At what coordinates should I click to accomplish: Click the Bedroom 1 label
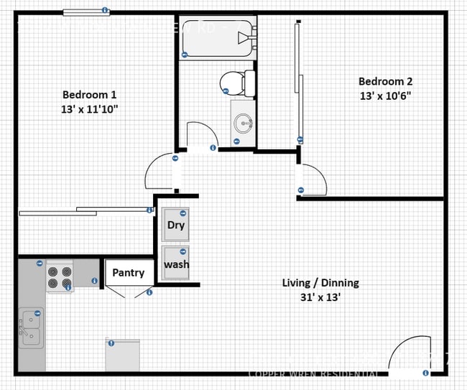pos(89,94)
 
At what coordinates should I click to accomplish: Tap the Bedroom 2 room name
pos(385,81)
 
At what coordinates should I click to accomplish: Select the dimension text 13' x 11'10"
pos(89,109)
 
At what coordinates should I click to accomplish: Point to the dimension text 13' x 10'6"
pos(385,96)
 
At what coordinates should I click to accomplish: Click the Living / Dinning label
pos(320,283)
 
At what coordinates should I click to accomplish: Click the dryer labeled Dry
pos(175,224)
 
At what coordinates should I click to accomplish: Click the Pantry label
pos(128,273)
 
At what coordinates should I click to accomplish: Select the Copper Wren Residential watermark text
pos(313,374)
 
